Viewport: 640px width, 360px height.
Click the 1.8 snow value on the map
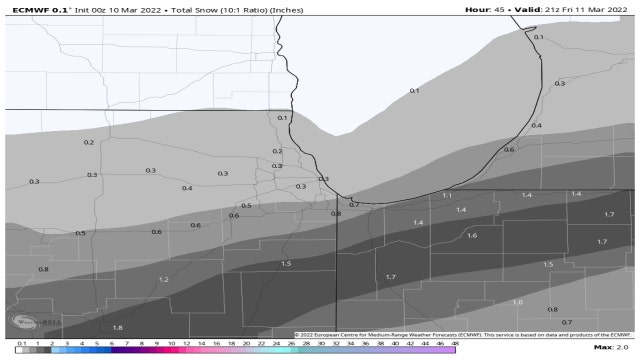click(x=117, y=328)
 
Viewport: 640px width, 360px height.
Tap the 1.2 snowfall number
click(x=163, y=280)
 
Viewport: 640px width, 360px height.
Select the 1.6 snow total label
click(x=472, y=235)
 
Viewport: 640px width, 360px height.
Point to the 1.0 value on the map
click(x=517, y=302)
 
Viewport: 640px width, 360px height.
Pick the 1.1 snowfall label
click(x=447, y=195)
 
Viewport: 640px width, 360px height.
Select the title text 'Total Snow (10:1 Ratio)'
click(x=199, y=8)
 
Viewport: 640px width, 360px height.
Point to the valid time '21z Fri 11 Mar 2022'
click(x=583, y=8)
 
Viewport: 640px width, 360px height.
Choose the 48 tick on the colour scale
click(x=455, y=342)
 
